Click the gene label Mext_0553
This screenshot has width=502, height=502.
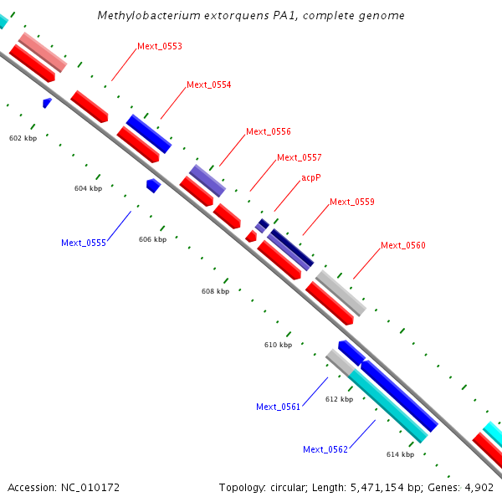(x=160, y=46)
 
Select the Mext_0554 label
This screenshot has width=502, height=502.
(x=209, y=85)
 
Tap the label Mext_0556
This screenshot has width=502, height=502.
(x=269, y=131)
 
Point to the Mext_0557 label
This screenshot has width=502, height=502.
(x=300, y=157)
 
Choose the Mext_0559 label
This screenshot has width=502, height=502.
(x=352, y=202)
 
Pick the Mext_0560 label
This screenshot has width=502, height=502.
(x=403, y=245)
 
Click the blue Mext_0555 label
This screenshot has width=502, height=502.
(x=84, y=243)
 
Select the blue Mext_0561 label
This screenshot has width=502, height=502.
(x=279, y=407)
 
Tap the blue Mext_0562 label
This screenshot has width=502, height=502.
(x=325, y=449)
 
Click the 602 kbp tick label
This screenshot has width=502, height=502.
(x=23, y=137)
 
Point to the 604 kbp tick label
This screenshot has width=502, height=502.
(x=88, y=188)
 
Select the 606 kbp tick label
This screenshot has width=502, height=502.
(x=152, y=239)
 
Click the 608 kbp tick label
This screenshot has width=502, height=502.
(x=215, y=291)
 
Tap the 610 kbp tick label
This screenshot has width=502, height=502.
(x=278, y=345)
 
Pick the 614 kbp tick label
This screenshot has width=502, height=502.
(x=400, y=454)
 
